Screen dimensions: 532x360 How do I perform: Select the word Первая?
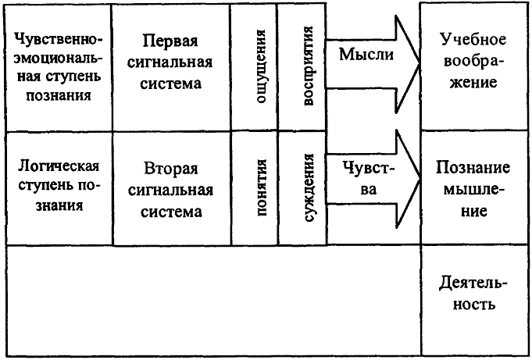170,41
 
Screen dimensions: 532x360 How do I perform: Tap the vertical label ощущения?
260,66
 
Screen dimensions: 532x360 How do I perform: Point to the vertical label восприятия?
307,66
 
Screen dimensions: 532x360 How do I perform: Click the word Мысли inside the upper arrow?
366,55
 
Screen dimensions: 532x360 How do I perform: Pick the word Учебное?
473,40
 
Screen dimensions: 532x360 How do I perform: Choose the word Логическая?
59,166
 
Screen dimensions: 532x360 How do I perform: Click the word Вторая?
170,169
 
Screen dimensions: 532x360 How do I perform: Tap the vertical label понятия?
261,187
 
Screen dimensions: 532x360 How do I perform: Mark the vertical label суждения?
308,187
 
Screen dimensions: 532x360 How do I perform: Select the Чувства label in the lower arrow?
369,178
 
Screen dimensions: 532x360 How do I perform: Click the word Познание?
473,167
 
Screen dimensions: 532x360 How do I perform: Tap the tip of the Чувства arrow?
420,179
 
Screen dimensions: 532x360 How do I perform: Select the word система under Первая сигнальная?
170,84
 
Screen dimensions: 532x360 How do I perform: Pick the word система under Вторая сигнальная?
171,212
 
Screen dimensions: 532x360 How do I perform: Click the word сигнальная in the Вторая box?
170,190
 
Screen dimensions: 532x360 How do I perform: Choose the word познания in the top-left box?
59,96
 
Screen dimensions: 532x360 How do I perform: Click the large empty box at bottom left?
213,300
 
